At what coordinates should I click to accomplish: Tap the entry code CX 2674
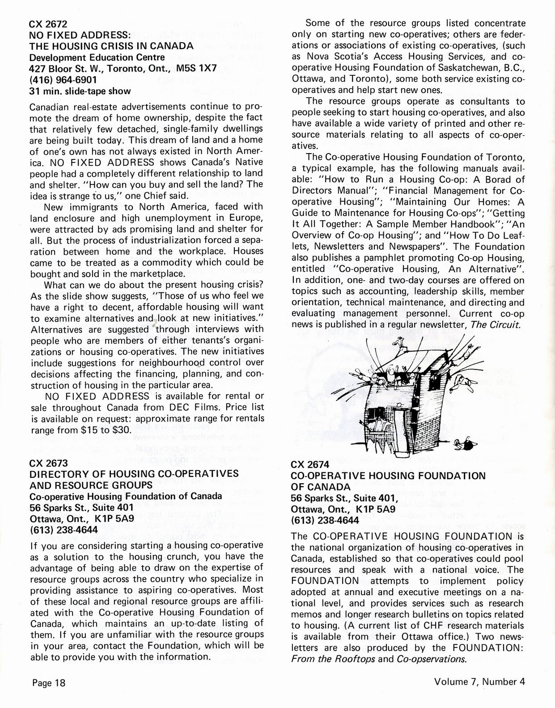click(x=309, y=465)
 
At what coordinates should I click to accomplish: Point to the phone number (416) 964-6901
click(x=62, y=80)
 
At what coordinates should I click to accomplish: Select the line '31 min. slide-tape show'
click(x=80, y=91)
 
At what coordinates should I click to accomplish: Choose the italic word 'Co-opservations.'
click(x=431, y=659)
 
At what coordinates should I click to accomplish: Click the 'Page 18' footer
click(x=49, y=682)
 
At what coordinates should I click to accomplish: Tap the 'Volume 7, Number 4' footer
click(x=479, y=682)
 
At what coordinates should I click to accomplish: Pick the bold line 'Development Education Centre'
click(x=97, y=57)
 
